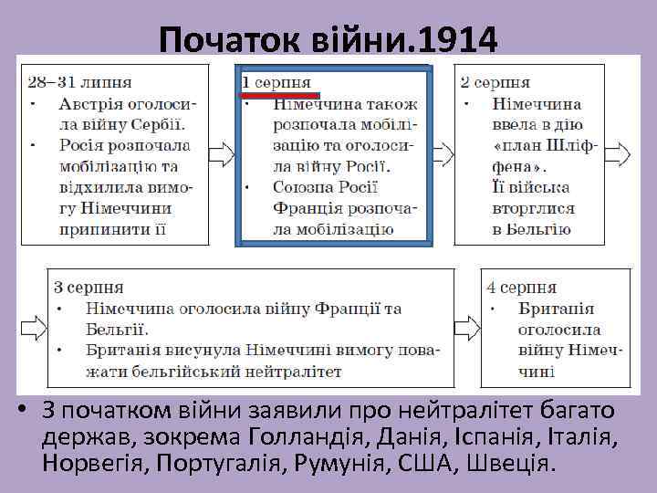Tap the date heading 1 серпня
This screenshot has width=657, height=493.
point(276,82)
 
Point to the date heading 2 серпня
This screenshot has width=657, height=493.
point(495,82)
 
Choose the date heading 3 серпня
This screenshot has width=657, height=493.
point(89,287)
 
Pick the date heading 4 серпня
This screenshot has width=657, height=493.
point(522,287)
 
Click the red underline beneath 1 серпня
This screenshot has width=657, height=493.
point(280,94)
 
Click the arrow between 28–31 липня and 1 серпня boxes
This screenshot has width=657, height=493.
point(221,152)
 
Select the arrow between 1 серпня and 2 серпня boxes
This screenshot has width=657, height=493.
point(442,152)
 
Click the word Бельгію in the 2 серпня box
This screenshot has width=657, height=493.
point(532,229)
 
